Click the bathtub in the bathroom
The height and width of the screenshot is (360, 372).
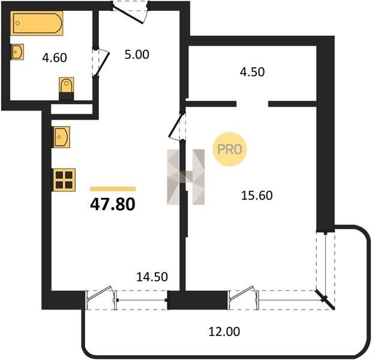(x=37, y=23)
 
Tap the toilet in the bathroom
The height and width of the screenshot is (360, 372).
(x=67, y=89)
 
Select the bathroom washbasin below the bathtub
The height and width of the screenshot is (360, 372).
(x=17, y=52)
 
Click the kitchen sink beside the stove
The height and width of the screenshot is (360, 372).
(x=61, y=137)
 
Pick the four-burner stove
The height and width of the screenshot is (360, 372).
(x=64, y=179)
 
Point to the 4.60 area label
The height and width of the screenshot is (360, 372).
(x=55, y=58)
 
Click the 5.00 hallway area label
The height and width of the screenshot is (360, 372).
(x=137, y=55)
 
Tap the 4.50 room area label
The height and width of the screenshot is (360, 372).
(x=252, y=72)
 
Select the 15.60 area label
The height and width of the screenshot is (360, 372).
(x=257, y=196)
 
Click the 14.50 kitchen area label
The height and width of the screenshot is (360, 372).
(x=152, y=277)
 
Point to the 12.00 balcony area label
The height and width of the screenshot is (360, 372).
(x=224, y=331)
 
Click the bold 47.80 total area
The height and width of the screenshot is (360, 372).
(x=113, y=205)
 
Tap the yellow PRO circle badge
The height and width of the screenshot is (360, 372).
(x=229, y=149)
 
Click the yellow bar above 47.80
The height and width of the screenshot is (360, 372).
(x=113, y=189)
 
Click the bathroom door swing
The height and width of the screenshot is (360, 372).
(x=101, y=63)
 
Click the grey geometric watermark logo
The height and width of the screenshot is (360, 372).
(x=186, y=177)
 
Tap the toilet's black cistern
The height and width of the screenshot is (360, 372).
(x=67, y=97)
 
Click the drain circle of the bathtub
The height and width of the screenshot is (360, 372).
(x=17, y=23)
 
